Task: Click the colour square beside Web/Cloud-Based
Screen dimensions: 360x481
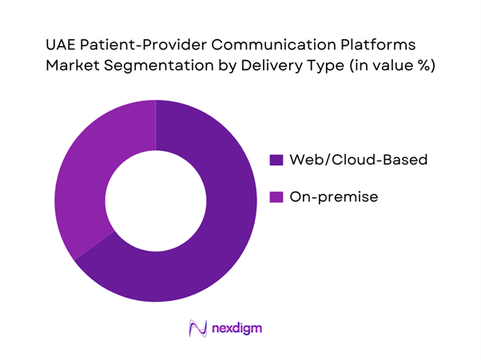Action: [x=277, y=160]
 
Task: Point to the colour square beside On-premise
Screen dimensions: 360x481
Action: [x=277, y=196]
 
